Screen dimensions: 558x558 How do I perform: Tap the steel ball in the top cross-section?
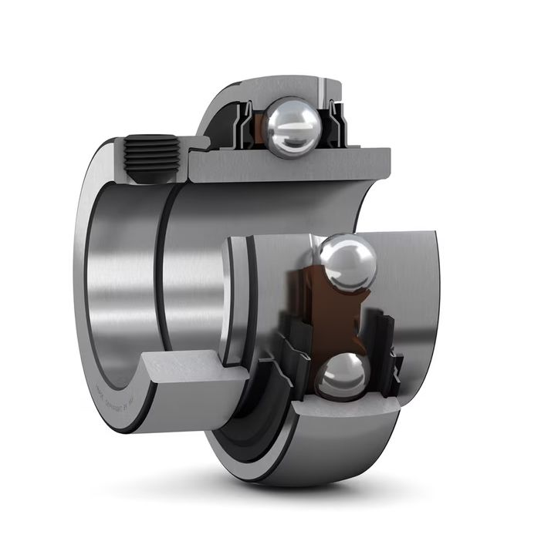[x=291, y=127]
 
